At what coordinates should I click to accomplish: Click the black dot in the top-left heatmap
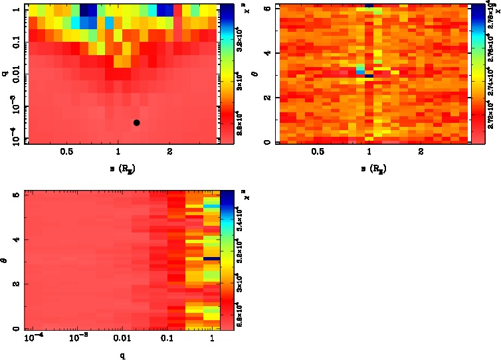click(136, 122)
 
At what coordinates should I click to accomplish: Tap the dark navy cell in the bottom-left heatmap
click(211, 258)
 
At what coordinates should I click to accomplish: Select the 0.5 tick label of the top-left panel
click(66, 152)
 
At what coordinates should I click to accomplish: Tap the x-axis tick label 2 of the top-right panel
click(421, 152)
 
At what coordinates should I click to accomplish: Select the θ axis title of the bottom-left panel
click(7, 261)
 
